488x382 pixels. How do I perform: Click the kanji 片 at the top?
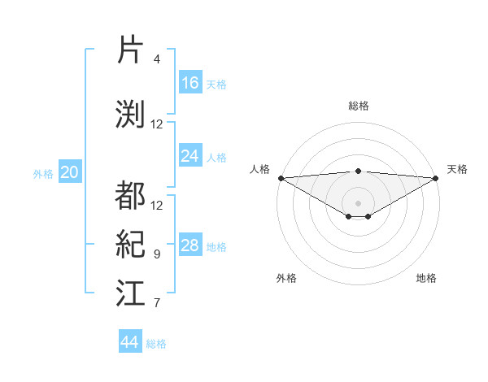tap(130, 50)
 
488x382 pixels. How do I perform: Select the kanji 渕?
tap(130, 113)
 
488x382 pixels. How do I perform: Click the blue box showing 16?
tap(190, 83)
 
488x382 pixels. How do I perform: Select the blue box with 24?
tap(190, 156)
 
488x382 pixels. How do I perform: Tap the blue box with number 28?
tap(190, 245)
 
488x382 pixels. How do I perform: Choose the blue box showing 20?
tap(70, 172)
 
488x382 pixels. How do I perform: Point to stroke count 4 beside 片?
tap(157, 59)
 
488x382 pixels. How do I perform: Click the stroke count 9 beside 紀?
tap(157, 254)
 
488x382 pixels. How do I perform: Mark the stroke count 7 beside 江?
tap(157, 303)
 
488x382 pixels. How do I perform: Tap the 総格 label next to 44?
tap(156, 343)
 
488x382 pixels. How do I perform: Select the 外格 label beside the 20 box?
tap(43, 173)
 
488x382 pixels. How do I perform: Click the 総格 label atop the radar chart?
tap(358, 106)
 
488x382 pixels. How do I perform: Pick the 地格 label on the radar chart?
tap(426, 278)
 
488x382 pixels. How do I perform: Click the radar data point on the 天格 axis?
tap(436, 178)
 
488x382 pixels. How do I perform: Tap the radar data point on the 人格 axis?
tap(281, 178)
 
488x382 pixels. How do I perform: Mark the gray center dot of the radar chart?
tap(358, 202)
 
